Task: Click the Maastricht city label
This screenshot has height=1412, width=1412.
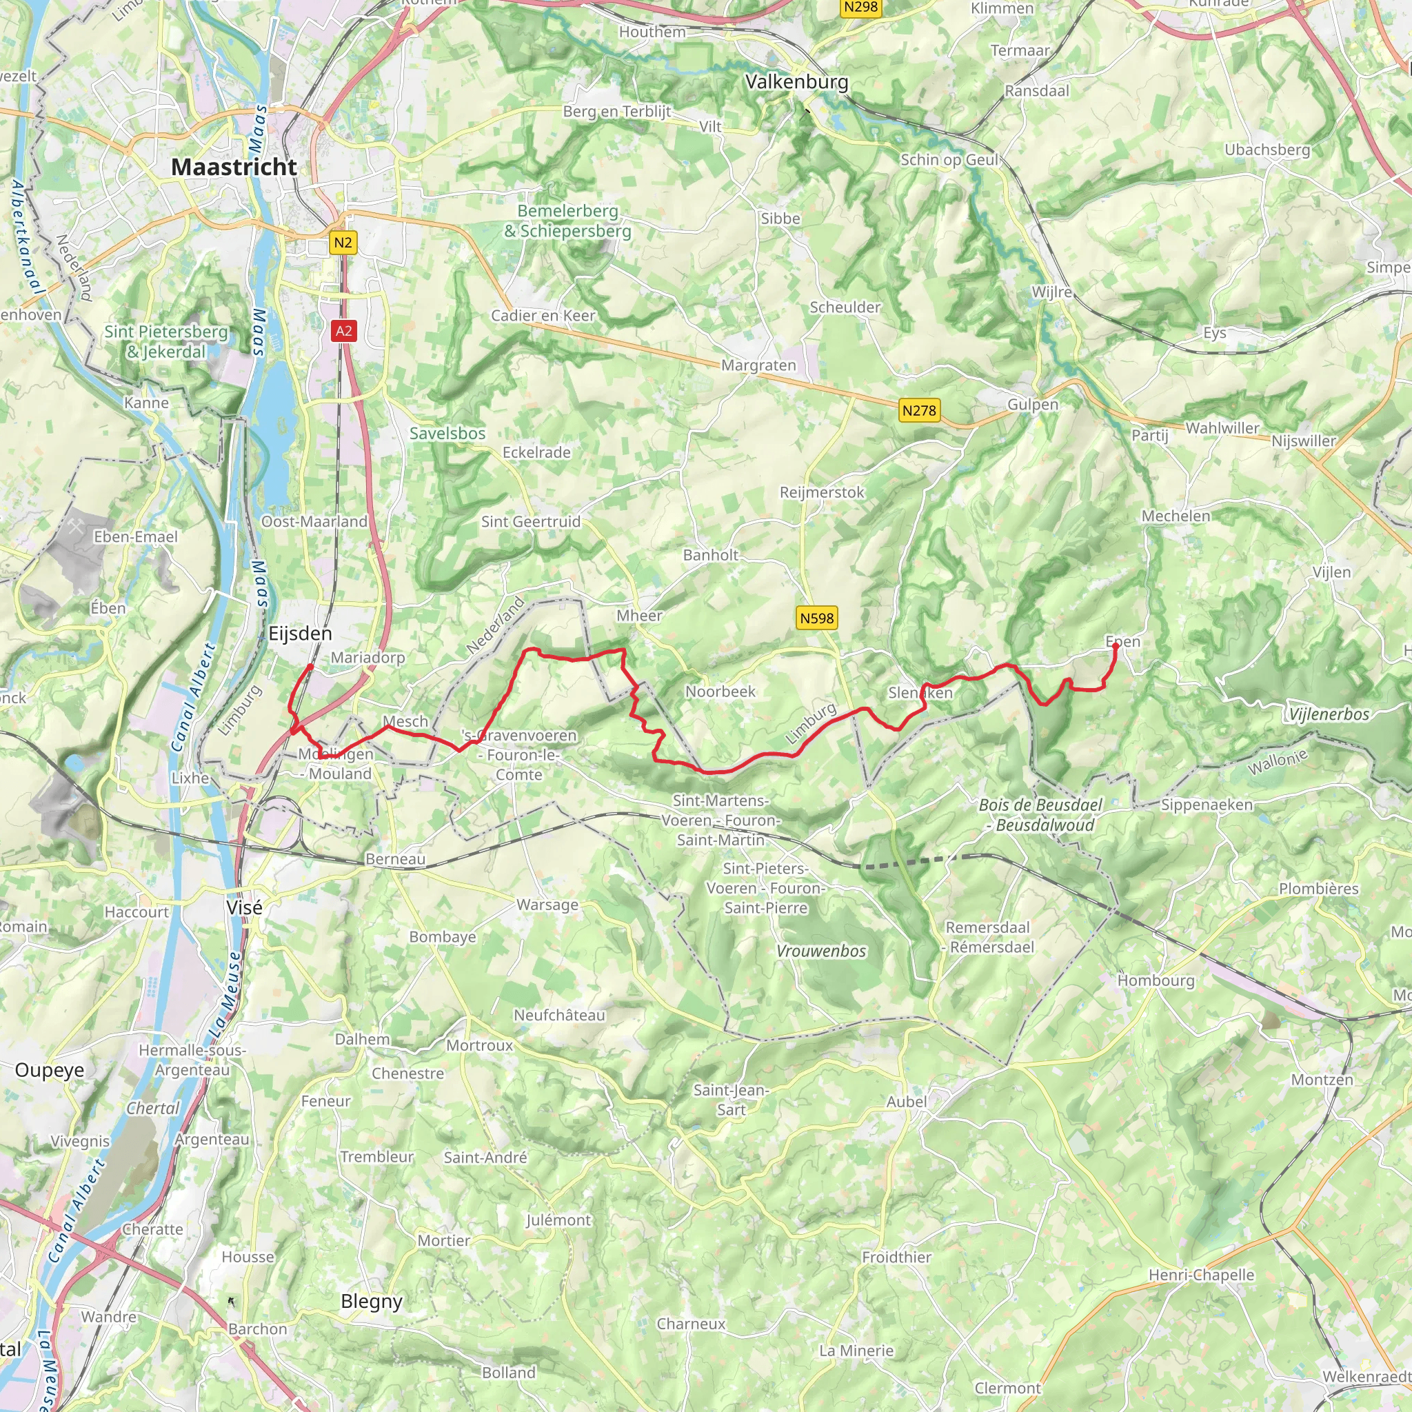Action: (x=234, y=167)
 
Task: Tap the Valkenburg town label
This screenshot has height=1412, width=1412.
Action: (x=796, y=82)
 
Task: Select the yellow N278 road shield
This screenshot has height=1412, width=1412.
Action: (x=918, y=411)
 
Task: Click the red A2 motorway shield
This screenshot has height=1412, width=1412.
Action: (x=343, y=331)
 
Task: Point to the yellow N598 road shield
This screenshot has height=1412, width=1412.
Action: (x=816, y=618)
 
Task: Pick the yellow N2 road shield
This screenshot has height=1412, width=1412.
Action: (x=343, y=243)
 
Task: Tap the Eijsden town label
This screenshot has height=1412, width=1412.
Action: (x=300, y=634)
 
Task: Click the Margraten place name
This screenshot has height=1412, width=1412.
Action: (x=758, y=365)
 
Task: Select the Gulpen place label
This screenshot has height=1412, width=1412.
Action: (x=1032, y=405)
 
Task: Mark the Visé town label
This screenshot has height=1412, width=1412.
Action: (x=244, y=908)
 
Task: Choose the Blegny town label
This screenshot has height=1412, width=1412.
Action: (x=372, y=1302)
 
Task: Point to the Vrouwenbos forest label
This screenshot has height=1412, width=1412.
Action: (x=820, y=951)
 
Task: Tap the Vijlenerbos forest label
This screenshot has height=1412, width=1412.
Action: (x=1328, y=715)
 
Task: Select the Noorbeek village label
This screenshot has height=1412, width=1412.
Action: (x=720, y=692)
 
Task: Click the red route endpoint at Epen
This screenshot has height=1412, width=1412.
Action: (x=1116, y=646)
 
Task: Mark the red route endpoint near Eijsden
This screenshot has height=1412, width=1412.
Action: (x=311, y=667)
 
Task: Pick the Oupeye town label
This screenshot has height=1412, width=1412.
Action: (x=50, y=1070)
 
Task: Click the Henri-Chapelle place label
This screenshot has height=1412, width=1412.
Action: (x=1201, y=1275)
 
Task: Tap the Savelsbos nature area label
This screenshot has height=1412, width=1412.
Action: (x=447, y=434)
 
